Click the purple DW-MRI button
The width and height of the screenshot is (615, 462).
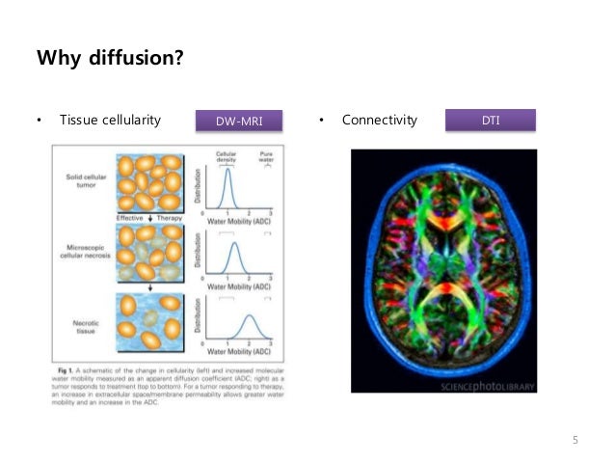238,121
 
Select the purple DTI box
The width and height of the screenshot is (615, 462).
490,120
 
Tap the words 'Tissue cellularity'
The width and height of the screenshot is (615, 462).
109,121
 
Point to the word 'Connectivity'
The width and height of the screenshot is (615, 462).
380,121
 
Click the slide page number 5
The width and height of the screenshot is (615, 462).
575,441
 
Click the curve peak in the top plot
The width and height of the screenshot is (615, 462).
227,171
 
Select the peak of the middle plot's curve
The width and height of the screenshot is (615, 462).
234,242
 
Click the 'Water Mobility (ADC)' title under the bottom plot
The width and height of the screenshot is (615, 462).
237,355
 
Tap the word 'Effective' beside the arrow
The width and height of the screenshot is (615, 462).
128,218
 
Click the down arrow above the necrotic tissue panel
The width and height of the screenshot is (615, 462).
149,286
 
